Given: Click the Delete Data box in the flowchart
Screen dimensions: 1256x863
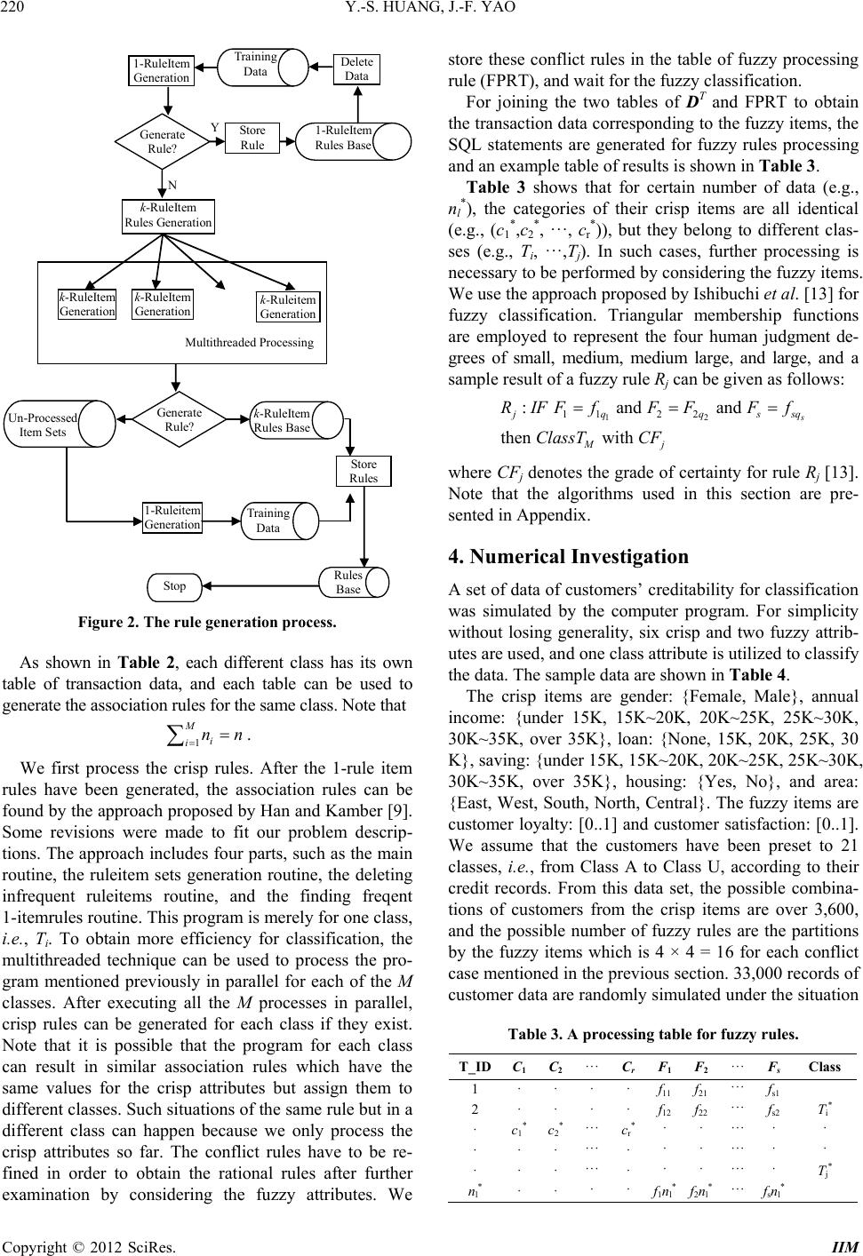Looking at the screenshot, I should coord(356,69).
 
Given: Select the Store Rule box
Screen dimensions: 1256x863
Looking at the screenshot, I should coord(252,138).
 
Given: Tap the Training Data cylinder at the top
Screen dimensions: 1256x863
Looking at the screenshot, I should coord(255,64).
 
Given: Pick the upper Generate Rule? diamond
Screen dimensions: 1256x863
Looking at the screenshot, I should coord(163,141).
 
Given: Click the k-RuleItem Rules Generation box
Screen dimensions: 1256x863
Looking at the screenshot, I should coord(168,216).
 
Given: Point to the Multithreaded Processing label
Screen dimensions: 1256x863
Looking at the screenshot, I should coord(249,342).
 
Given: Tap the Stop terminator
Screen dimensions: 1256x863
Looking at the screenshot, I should coord(174,586).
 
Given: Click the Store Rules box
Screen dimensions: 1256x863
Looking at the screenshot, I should coord(364,471).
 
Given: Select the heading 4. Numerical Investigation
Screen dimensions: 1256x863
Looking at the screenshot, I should coord(569,557).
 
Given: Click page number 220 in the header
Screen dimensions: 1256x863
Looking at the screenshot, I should coord(17,12).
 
